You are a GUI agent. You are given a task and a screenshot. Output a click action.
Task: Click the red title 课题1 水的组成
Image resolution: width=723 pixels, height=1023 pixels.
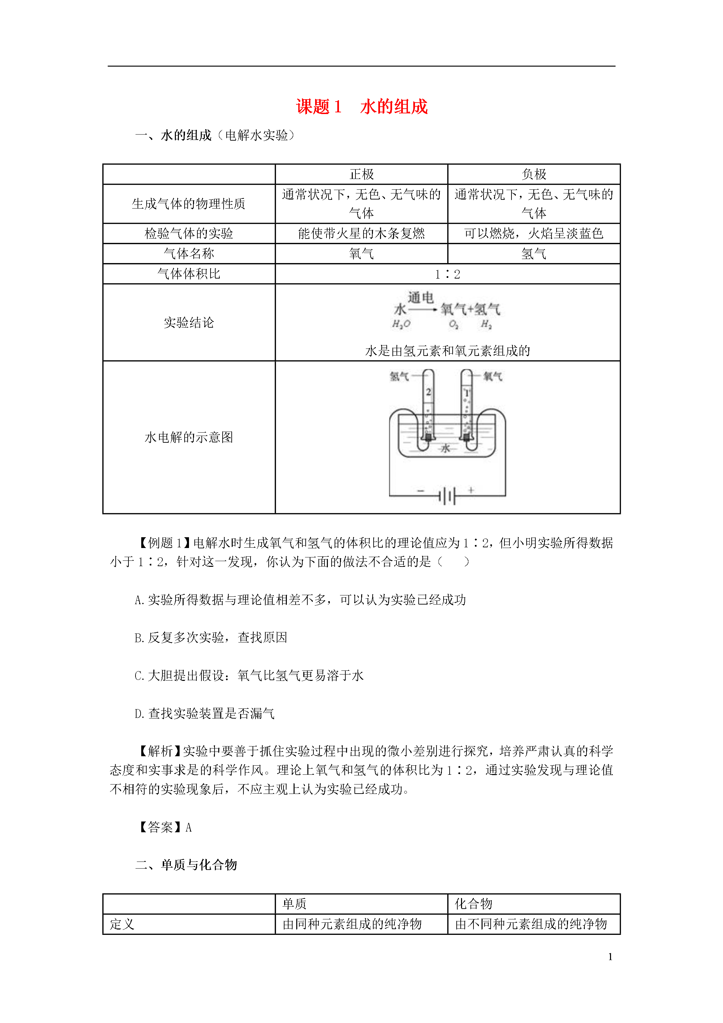point(362,107)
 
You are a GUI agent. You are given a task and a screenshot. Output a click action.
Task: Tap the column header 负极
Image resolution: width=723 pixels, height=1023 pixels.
point(534,174)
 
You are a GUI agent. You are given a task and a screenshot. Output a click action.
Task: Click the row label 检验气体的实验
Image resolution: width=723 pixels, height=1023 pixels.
point(189,233)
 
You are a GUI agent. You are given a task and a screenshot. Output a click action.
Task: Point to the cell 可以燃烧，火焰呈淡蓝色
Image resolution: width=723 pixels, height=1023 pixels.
point(534,233)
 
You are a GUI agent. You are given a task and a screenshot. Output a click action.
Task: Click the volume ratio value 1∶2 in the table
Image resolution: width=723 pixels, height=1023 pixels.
point(448,274)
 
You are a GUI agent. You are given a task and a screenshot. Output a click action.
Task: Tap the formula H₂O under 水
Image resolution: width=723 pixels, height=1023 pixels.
point(401,324)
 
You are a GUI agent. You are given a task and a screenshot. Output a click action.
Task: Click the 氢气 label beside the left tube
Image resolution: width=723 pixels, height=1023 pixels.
point(399,376)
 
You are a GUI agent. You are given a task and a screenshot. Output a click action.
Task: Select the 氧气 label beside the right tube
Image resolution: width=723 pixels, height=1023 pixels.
point(493,376)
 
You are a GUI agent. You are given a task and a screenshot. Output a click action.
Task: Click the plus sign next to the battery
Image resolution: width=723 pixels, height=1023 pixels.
point(471,490)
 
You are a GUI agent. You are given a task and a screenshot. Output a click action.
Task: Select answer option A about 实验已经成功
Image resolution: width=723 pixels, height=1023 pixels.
point(300,600)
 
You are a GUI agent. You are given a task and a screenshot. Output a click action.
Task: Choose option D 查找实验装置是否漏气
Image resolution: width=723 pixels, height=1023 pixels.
point(204,713)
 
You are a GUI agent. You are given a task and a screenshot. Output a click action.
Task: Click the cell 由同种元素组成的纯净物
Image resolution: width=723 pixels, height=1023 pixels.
point(352,924)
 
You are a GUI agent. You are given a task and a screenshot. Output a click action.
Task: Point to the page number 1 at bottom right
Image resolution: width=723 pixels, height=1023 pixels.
point(610,957)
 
